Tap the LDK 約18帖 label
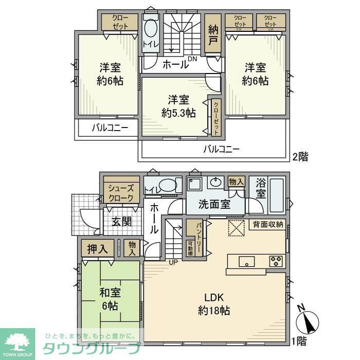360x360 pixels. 213,304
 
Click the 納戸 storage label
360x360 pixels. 213,34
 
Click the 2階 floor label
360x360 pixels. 300,157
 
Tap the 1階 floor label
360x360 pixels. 300,341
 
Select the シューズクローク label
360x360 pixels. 121,193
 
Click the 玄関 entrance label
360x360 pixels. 122,222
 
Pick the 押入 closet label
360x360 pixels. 98,249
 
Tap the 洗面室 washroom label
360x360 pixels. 215,204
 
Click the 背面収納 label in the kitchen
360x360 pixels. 268,224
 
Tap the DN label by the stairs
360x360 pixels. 192,60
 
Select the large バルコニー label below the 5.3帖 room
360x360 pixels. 221,150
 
